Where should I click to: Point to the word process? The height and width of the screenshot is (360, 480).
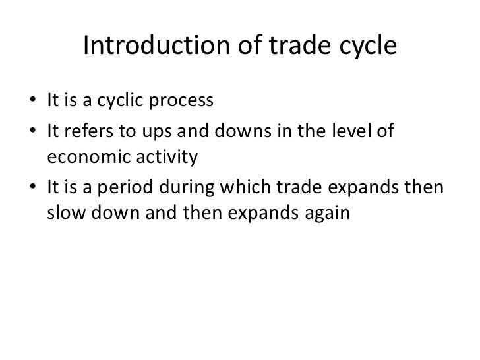pos(181,104)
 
